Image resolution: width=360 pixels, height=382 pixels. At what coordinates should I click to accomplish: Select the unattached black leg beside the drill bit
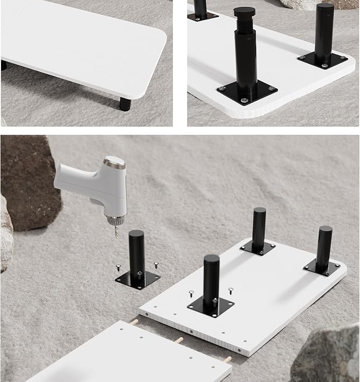pos(136,251)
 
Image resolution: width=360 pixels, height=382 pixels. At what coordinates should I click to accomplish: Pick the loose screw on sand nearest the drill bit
pos(118,267)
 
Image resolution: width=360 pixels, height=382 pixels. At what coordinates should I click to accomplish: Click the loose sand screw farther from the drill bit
pos(156,264)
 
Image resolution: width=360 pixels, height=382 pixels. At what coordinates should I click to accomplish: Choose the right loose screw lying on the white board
pos(231,290)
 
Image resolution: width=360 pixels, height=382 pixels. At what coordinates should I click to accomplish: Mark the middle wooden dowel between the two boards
pos(179,340)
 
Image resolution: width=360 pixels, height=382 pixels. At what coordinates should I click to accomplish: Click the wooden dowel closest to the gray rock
pos(227,360)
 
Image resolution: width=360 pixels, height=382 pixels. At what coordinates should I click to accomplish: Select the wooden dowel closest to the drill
pos(135,322)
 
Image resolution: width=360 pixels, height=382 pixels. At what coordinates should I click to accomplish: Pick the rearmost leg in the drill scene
pos(259,228)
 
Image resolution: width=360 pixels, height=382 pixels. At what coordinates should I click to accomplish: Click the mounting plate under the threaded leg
pos(247,95)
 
